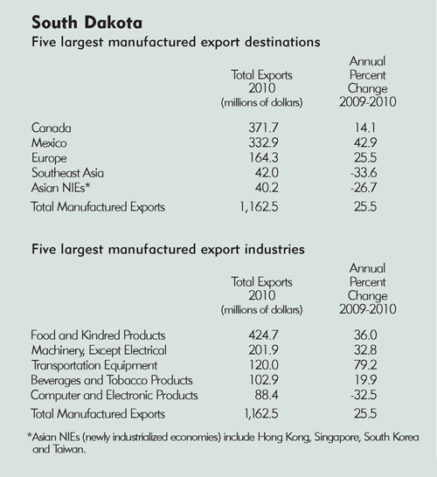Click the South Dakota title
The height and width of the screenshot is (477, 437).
pos(87,23)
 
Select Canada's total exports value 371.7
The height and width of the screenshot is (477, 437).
pos(263,128)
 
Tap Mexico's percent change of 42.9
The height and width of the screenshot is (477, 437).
pos(365,142)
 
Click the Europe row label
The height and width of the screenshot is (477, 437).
pos(49,158)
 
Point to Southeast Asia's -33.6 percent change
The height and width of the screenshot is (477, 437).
pos(364,172)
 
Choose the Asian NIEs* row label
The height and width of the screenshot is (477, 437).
pos(61,187)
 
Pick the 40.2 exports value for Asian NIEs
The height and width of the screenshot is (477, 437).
pos(267,187)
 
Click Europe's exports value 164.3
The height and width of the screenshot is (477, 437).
pos(264,157)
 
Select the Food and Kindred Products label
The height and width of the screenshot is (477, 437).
pos(98,335)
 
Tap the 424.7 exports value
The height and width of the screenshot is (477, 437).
pos(263,335)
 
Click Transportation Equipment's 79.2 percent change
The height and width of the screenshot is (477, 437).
pos(365,365)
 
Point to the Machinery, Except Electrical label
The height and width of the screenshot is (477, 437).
pos(99,350)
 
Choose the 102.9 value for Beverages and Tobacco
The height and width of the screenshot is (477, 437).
pos(264,380)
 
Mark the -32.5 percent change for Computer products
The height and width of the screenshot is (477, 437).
pos(364,395)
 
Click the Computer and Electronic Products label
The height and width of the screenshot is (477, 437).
pos(114,395)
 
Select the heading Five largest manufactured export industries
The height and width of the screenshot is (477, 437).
pos(168,250)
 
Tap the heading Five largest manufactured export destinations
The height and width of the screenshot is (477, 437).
pos(176,42)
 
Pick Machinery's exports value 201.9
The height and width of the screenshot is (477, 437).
pos(263,349)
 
